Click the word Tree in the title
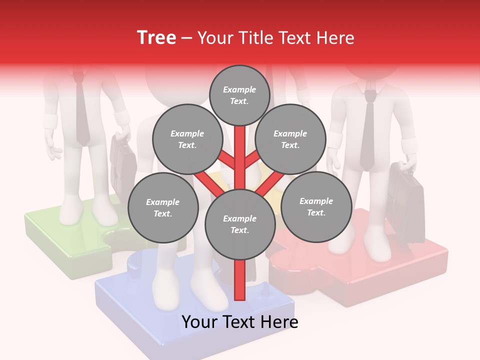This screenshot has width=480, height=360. click(x=156, y=38)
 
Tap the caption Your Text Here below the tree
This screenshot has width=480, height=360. click(x=240, y=322)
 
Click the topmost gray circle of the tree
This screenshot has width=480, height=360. click(x=239, y=95)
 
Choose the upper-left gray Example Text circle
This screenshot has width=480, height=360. click(x=187, y=139)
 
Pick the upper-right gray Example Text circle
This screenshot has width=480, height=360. click(x=290, y=139)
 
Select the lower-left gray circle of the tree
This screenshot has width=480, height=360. click(x=163, y=207)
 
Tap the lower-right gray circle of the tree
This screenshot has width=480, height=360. click(x=316, y=206)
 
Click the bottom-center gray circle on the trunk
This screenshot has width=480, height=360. click(x=240, y=224)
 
